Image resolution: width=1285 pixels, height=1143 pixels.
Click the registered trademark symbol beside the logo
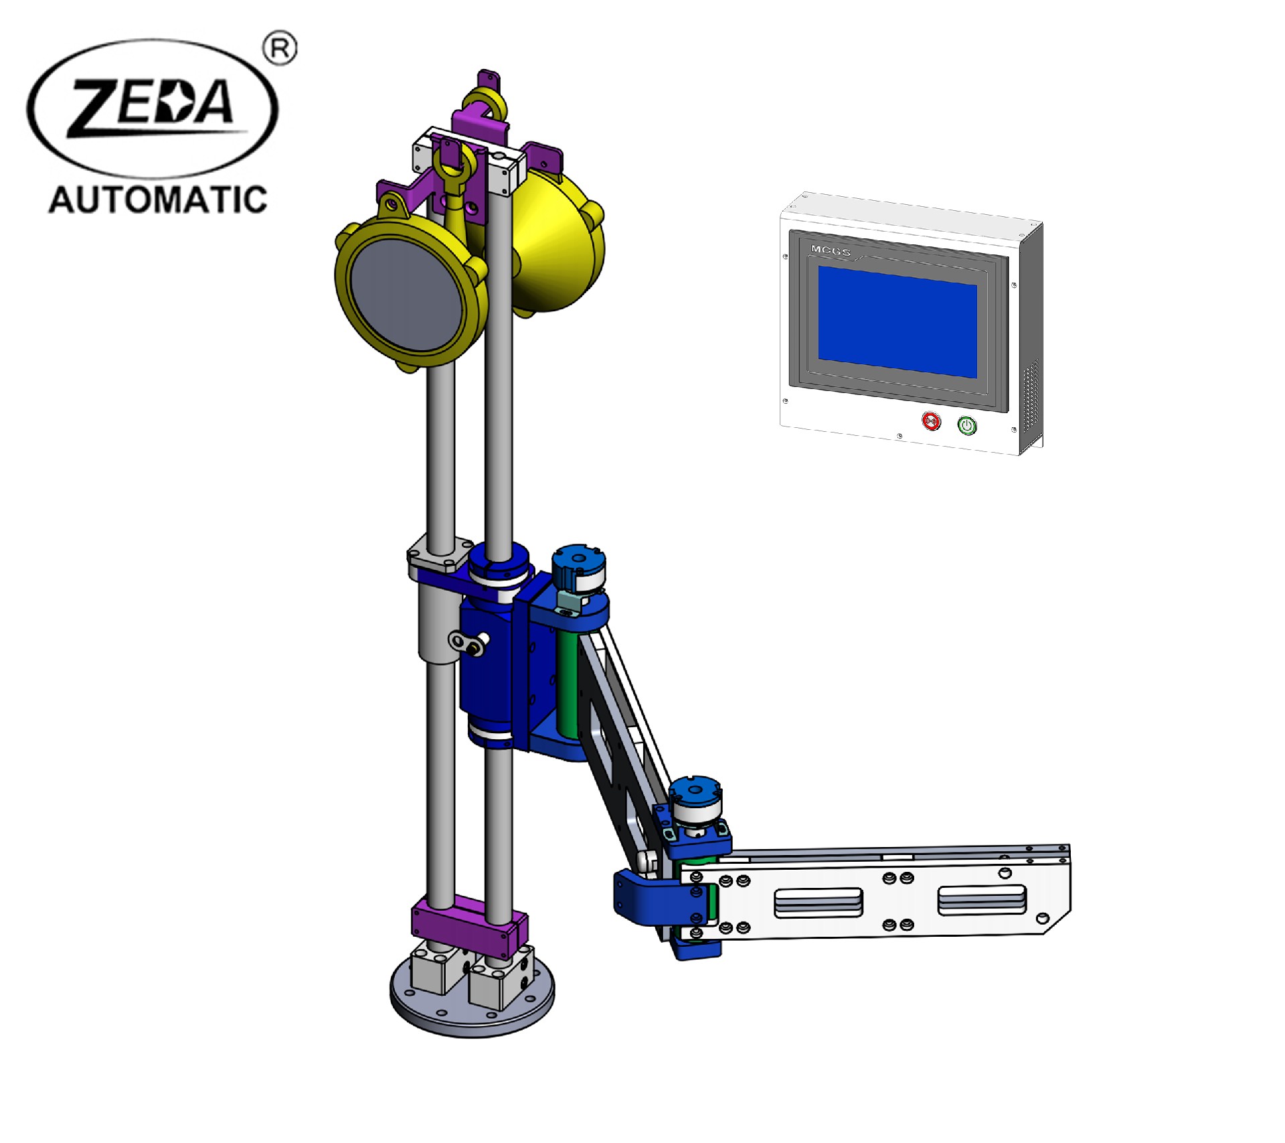point(280,49)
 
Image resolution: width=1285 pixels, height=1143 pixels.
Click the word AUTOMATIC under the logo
point(158,200)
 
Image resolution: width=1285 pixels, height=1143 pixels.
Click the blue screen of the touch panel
point(897,321)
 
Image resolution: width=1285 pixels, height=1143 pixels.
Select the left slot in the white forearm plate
point(818,903)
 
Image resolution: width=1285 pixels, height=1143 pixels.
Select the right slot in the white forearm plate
point(982,899)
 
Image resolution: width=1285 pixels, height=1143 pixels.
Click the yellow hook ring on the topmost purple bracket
point(484,104)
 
